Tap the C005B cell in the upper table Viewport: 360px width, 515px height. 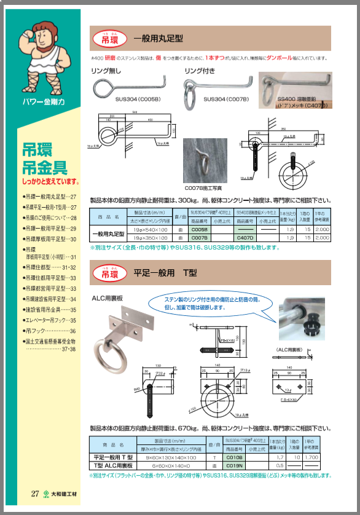pos(200,229)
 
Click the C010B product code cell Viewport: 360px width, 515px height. pos(235,457)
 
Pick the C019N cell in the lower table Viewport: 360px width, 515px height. pos(235,465)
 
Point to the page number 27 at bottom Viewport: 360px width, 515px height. pos(35,493)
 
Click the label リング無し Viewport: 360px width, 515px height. pos(108,71)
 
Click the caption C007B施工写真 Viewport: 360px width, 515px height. pos(203,189)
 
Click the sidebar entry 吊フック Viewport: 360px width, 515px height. pos(34,330)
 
